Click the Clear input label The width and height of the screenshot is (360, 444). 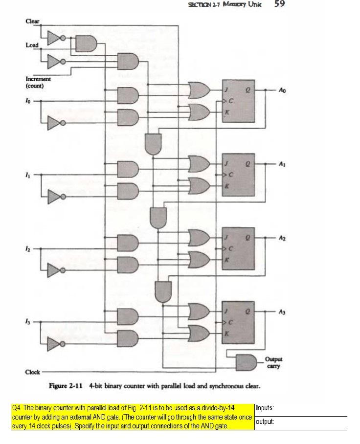pos(32,22)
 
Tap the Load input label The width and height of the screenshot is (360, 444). pos(32,45)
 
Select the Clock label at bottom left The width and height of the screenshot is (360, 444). pos(32,372)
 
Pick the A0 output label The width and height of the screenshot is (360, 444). pos(282,90)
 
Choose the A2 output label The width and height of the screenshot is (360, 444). pos(282,238)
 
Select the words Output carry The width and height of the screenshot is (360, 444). pos(273,362)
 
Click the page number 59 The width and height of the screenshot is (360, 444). pos(279,4)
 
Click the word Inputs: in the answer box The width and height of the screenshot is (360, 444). pos(265,408)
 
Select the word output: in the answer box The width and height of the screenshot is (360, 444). pos(265,421)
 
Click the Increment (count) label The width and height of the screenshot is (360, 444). pos(38,82)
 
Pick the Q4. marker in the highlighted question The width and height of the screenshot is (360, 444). pos(17,408)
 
